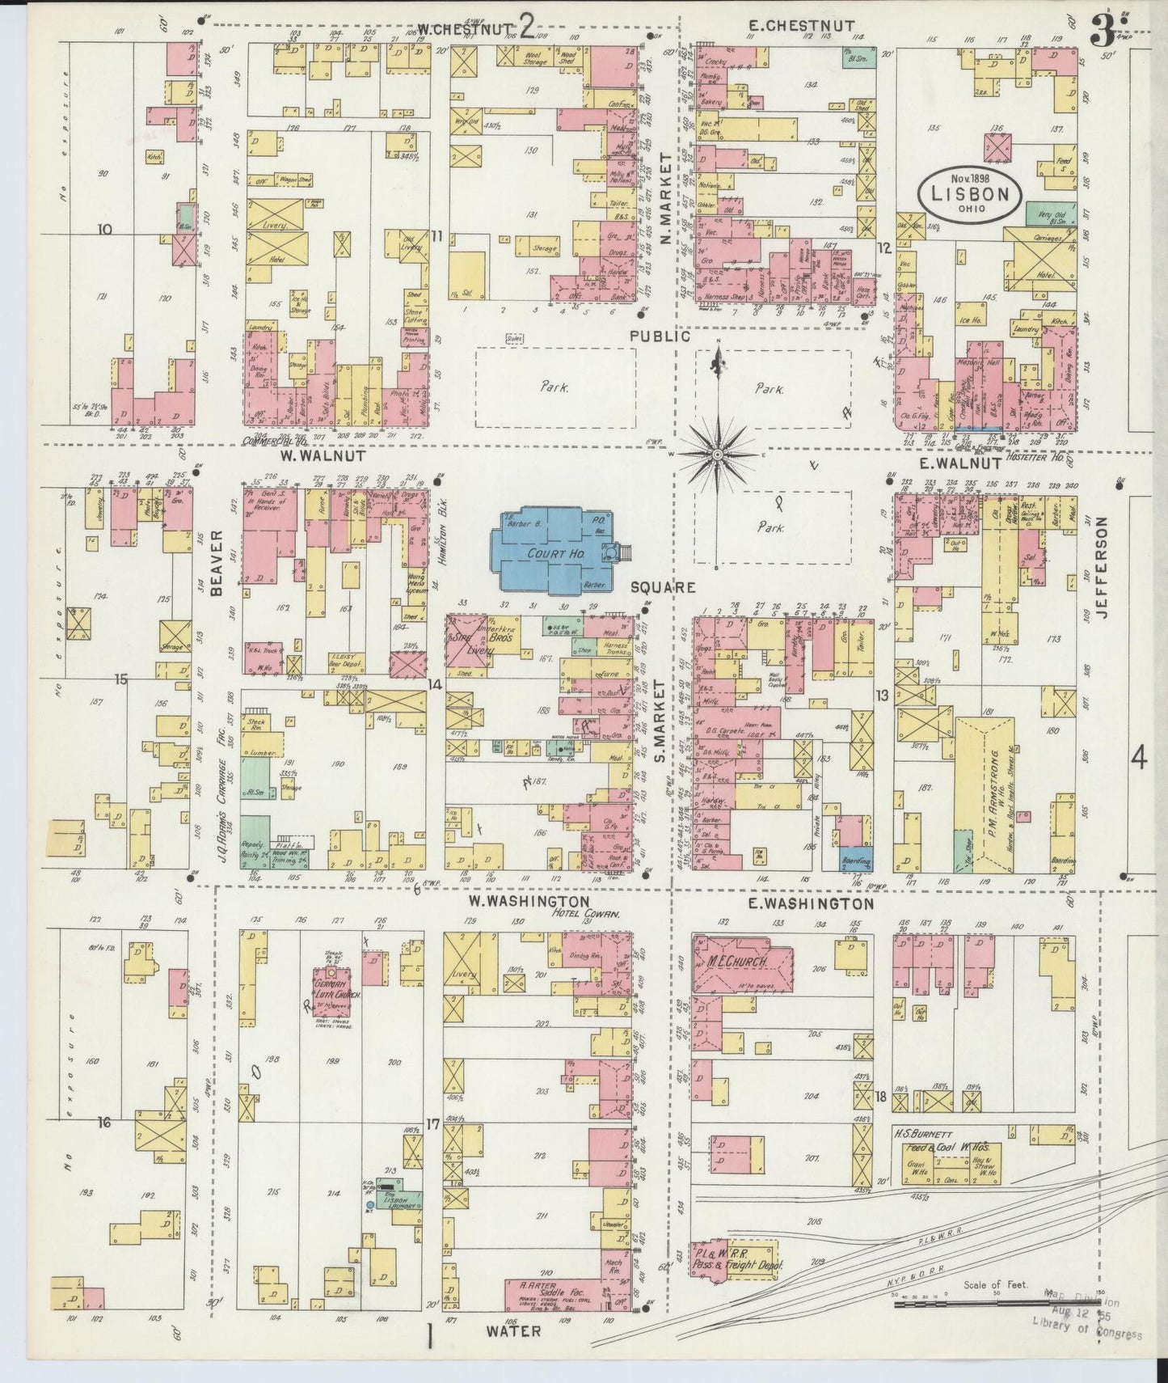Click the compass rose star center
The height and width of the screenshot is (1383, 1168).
[717, 455]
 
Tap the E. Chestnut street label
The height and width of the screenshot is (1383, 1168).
[799, 26]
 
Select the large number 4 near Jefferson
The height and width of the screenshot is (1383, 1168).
[1138, 759]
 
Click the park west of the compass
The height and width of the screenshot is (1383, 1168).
[554, 387]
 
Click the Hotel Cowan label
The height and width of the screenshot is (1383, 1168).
[585, 913]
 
